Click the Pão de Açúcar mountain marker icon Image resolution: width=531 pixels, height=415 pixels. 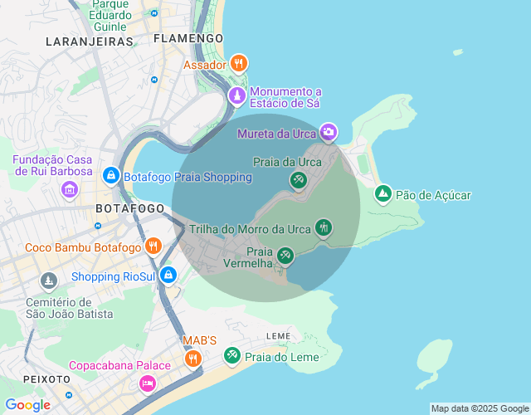382,194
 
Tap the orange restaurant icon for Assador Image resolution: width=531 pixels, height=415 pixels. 239,63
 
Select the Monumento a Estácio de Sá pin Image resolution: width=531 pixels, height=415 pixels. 237,96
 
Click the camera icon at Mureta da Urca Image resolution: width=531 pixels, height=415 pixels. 329,132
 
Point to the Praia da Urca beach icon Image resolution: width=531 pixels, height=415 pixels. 298,179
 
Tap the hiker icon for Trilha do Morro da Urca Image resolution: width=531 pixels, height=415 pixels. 323,227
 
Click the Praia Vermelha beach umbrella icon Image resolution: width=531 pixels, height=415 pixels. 285,256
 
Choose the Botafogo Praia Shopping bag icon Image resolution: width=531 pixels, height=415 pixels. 110,176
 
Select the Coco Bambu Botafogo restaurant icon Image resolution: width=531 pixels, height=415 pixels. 153,247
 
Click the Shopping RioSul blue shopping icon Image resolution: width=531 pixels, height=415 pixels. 168,274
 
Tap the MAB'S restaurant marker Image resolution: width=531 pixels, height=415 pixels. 192,359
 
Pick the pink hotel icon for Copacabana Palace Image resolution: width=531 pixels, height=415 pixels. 148,383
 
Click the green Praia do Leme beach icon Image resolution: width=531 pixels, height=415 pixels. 232,356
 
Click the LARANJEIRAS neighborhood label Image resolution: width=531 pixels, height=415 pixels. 90,41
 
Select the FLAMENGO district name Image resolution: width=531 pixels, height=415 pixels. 188,38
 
